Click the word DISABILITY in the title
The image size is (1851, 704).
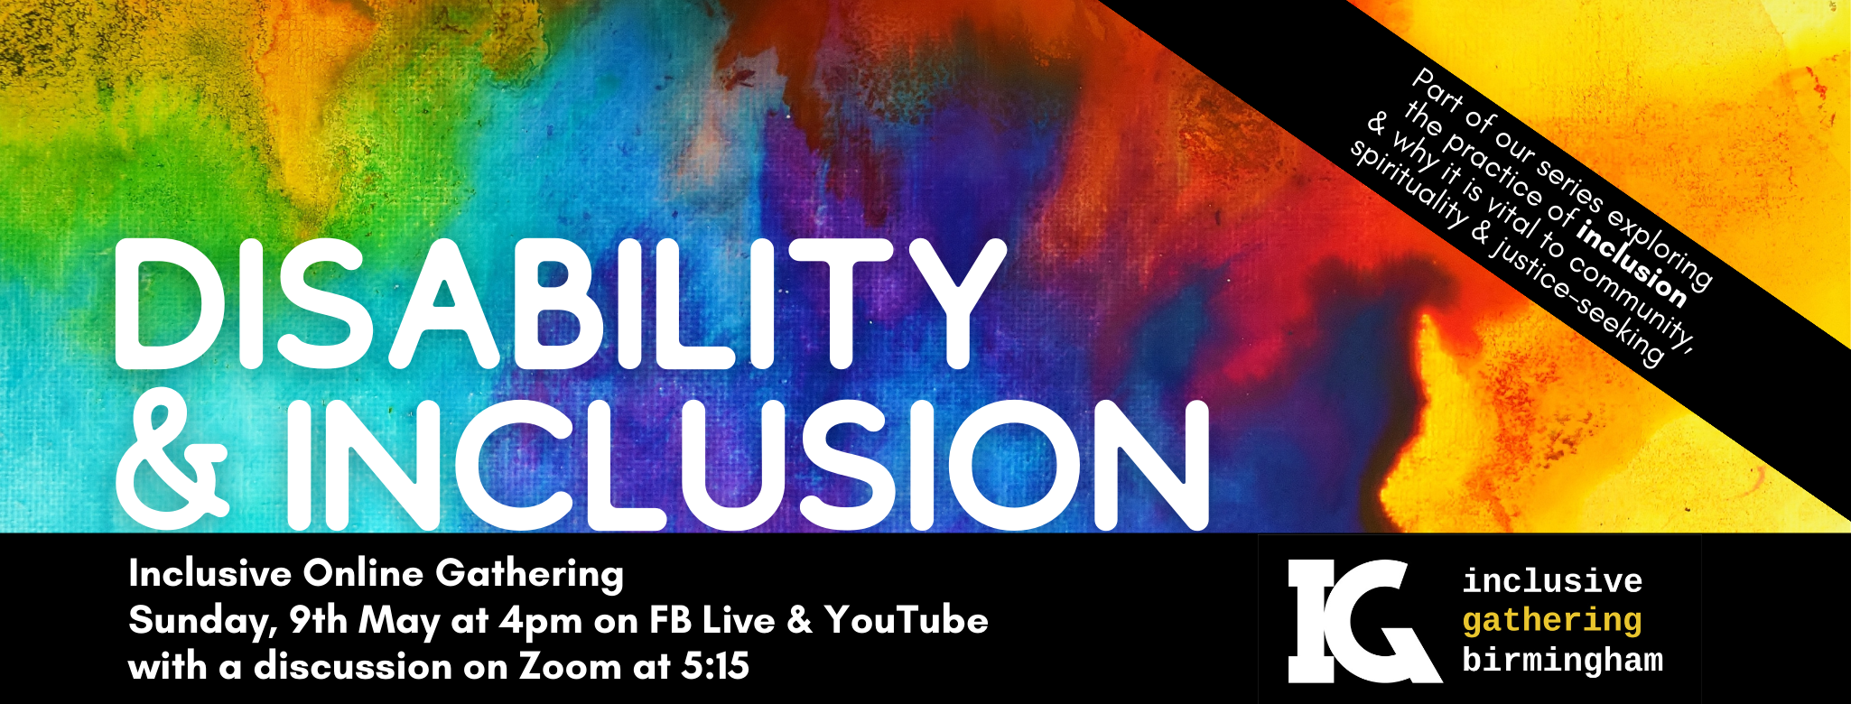(559, 304)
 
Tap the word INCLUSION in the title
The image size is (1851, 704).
(749, 465)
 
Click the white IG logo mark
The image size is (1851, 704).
(1364, 621)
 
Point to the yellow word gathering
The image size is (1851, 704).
(1552, 620)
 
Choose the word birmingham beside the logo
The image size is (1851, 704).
(1562, 659)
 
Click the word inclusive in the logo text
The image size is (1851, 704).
(1552, 579)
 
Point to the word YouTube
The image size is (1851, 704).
(906, 620)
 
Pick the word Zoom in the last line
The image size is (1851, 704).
(569, 666)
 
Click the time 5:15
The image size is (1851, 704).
(715, 666)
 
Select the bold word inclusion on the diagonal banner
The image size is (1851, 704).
(1631, 263)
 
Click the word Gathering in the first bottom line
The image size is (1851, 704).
(529, 575)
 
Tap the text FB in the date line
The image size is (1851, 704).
(670, 620)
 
